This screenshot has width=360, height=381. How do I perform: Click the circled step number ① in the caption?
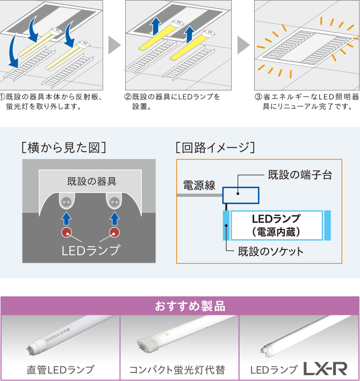click(4, 97)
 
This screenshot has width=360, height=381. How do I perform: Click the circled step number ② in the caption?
click(128, 97)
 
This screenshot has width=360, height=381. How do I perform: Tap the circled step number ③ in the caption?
click(258, 97)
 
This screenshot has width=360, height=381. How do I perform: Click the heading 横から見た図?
click(62, 147)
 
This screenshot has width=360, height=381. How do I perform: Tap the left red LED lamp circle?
click(66, 232)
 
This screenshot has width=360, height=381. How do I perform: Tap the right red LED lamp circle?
click(114, 232)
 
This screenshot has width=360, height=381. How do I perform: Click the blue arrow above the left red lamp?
click(66, 218)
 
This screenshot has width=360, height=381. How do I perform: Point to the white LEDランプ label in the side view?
click(91, 250)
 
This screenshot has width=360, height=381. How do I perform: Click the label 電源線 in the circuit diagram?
click(199, 186)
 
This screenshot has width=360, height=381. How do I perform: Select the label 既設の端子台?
click(299, 175)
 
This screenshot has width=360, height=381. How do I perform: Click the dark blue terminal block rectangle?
click(241, 195)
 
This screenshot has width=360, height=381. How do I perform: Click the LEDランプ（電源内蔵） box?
click(276, 225)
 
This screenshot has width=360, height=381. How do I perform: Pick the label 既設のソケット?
click(271, 251)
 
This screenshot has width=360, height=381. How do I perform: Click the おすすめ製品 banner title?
click(181, 306)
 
